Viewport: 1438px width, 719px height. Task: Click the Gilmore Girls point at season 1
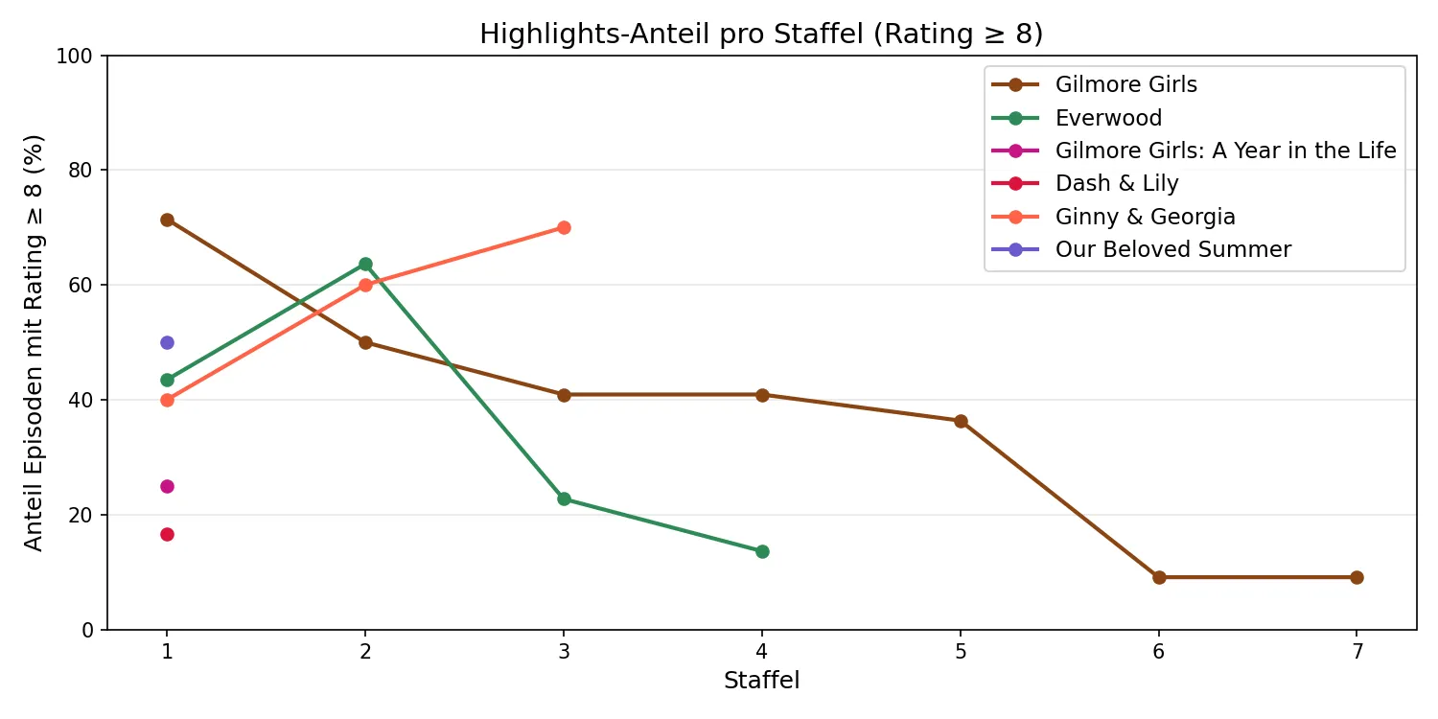(x=167, y=220)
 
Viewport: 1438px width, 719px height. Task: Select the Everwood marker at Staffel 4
(x=762, y=551)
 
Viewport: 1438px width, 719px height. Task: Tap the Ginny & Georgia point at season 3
(x=564, y=227)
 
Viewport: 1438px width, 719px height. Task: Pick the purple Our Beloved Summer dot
(x=167, y=342)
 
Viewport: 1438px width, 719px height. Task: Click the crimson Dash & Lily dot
(x=167, y=534)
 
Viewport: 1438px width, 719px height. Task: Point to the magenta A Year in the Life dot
(x=167, y=486)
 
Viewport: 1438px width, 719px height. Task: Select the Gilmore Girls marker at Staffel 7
(x=1357, y=577)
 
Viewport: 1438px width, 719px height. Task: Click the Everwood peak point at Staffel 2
(x=365, y=264)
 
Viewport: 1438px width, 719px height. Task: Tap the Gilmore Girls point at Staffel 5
(x=961, y=421)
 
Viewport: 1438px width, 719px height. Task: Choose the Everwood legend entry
(x=1108, y=118)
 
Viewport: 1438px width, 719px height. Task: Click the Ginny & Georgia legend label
(x=1145, y=217)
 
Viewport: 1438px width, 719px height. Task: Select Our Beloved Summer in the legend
(x=1172, y=249)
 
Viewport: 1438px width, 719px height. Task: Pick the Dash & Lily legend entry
(x=1117, y=183)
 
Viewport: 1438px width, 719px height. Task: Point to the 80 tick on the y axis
(x=82, y=171)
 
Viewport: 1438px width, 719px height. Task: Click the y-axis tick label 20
(x=82, y=515)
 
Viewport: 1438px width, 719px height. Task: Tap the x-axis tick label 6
(x=1159, y=650)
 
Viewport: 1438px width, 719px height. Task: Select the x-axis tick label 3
(x=564, y=650)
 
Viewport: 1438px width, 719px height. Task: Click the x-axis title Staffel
(x=761, y=681)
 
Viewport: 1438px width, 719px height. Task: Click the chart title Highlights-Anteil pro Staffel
(x=761, y=34)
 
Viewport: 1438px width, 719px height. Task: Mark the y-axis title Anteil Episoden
(x=35, y=342)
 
